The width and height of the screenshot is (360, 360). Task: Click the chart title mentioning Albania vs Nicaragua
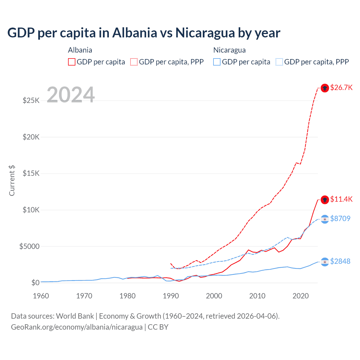click(144, 33)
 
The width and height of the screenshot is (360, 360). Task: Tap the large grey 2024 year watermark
click(71, 95)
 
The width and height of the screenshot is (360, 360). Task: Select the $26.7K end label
click(341, 87)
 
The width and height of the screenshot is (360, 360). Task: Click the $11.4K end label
click(341, 199)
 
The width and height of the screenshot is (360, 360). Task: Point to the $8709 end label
click(340, 219)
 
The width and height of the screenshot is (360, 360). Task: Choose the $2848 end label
click(340, 261)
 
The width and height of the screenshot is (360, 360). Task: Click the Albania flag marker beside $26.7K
click(325, 88)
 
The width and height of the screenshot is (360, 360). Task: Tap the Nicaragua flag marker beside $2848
click(325, 262)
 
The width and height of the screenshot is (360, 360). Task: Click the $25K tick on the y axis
click(31, 100)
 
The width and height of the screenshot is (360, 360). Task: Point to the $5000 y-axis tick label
click(29, 246)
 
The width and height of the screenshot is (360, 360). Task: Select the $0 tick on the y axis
click(35, 283)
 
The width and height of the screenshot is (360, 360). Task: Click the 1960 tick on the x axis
click(41, 296)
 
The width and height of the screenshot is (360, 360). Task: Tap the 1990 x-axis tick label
click(171, 296)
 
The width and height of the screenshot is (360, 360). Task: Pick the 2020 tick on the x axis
click(301, 296)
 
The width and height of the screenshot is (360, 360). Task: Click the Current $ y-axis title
click(12, 181)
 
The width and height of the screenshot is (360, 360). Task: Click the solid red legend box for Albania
click(72, 62)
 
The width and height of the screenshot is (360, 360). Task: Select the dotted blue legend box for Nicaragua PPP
click(279, 62)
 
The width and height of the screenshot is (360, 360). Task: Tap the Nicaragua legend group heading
click(229, 50)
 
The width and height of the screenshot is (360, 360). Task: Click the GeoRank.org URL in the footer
click(77, 327)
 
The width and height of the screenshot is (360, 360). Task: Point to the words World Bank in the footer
click(75, 316)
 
